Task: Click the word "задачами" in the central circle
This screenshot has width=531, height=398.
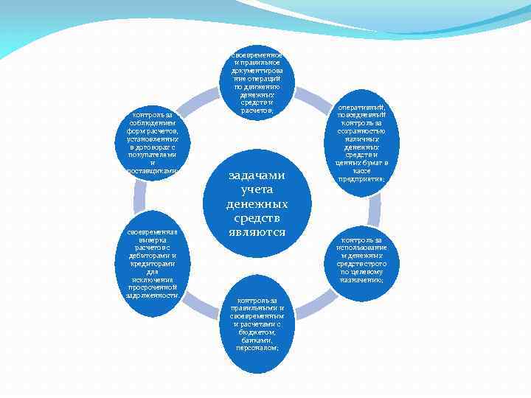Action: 257,175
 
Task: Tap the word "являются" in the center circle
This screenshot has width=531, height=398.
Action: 257,232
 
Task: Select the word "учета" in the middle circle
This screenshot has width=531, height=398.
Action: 257,189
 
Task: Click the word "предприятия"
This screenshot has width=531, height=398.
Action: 361,178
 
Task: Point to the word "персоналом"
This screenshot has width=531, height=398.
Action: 257,348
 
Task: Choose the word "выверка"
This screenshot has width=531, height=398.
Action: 153,240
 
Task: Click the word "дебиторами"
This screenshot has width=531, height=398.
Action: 153,256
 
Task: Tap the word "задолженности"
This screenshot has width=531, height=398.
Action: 153,295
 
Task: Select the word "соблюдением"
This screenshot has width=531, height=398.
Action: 153,123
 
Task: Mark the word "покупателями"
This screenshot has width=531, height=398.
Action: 153,155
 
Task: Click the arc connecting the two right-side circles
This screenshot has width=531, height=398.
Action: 374,210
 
